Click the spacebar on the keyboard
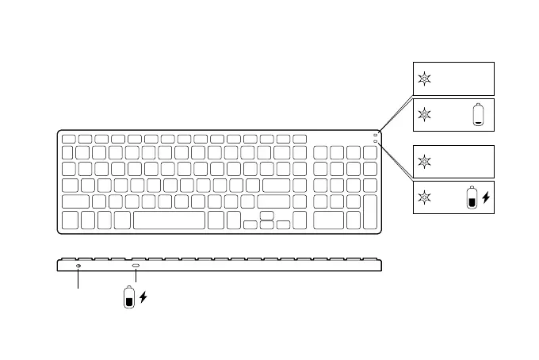pyautogui.click(x=170, y=220)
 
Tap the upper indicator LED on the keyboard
pyautogui.click(x=375, y=135)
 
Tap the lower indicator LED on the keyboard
pyautogui.click(x=375, y=141)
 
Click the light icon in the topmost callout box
pyautogui.click(x=425, y=79)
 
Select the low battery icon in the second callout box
pyautogui.click(x=477, y=115)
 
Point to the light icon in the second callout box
pyautogui.click(x=425, y=115)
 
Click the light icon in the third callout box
pyautogui.click(x=425, y=162)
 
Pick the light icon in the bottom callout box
pyautogui.click(x=425, y=198)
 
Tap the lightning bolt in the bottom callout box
pyautogui.click(x=486, y=198)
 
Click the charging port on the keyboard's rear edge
pyautogui.click(x=136, y=266)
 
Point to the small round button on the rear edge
pyautogui.click(x=78, y=266)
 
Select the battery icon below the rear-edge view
pyautogui.click(x=128, y=298)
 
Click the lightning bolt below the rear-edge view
pyautogui.click(x=143, y=298)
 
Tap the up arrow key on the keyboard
pyautogui.click(x=266, y=215)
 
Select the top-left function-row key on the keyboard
pyautogui.click(x=68, y=140)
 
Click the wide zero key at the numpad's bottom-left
pyautogui.click(x=329, y=220)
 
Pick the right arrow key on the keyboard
pyautogui.click(x=283, y=225)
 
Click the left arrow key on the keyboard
pyautogui.click(x=250, y=225)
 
